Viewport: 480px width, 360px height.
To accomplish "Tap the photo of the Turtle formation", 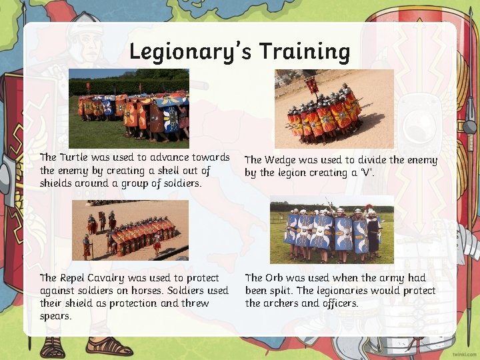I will pos(129,108).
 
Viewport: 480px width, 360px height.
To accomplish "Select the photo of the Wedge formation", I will pos(334,108).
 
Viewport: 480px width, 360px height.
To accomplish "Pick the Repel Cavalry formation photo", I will pos(129,230).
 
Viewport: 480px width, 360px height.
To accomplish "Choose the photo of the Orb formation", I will pos(331,230).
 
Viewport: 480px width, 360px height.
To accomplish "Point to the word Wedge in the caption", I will pos(283,160).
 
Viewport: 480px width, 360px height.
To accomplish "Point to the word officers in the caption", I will pos(341,303).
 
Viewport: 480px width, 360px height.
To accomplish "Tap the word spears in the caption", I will pos(55,316).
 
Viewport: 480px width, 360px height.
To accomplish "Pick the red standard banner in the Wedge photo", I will pos(311,85).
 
